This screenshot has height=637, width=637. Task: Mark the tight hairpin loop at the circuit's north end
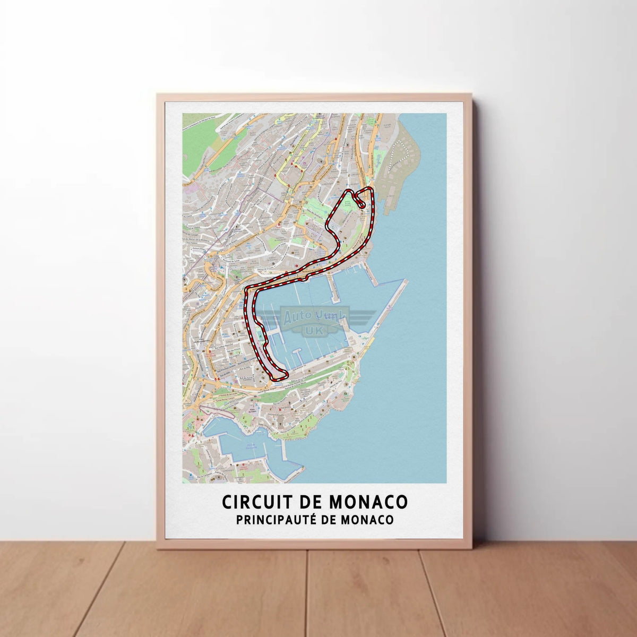359,200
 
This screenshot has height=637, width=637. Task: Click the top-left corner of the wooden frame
158,95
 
